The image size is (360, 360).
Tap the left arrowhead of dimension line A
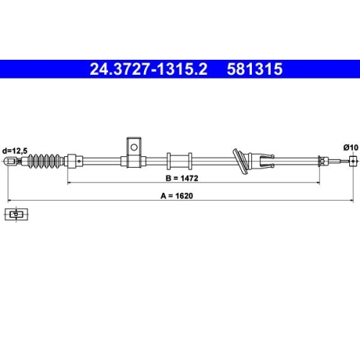pos(9,200)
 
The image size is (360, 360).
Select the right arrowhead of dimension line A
pos(352,200)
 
